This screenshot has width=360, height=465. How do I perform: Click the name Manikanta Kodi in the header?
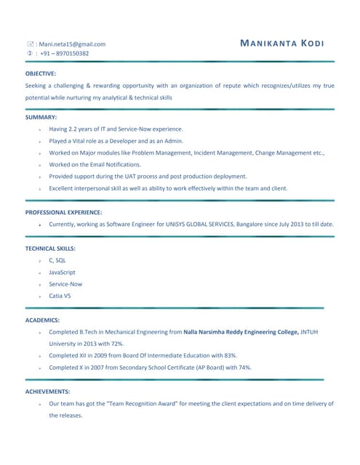point(282,44)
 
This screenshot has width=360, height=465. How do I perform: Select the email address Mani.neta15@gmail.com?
point(72,44)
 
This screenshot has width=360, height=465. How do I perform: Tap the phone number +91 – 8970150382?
point(64,53)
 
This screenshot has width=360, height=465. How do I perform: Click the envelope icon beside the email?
point(30,44)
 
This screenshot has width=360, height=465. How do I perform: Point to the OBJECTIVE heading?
point(41,73)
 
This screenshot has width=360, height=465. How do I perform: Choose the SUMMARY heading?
point(41,117)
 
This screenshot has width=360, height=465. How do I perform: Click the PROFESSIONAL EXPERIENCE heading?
point(63,212)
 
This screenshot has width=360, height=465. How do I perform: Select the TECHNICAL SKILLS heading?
point(50,248)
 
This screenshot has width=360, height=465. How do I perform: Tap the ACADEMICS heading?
point(42,320)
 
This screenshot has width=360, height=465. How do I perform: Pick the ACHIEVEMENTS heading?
point(47,391)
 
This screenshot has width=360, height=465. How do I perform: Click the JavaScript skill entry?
point(62,272)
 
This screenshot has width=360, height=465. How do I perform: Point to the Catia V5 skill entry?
point(60,296)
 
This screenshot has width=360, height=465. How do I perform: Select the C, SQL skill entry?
point(57,260)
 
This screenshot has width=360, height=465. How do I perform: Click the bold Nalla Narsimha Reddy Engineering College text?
point(241,331)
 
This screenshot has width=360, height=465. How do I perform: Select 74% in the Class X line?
point(244,367)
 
